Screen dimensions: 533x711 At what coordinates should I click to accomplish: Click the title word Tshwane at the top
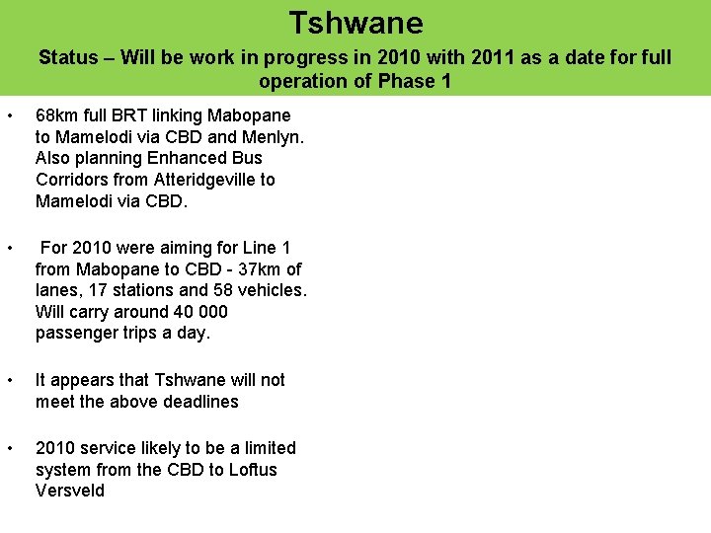[x=355, y=23]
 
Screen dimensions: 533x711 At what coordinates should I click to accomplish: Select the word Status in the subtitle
[x=68, y=57]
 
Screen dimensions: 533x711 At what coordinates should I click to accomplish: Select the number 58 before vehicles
[x=225, y=290]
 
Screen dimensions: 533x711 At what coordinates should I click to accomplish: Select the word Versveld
[x=70, y=491]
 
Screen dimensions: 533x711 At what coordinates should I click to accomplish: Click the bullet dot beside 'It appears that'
[x=9, y=381]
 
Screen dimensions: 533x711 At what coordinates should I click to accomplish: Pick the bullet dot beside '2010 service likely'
[x=9, y=449]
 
